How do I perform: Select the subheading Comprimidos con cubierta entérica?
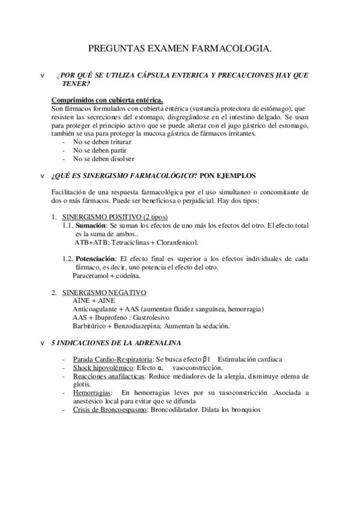tap(107, 99)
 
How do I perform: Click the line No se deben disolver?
tap(99, 159)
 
